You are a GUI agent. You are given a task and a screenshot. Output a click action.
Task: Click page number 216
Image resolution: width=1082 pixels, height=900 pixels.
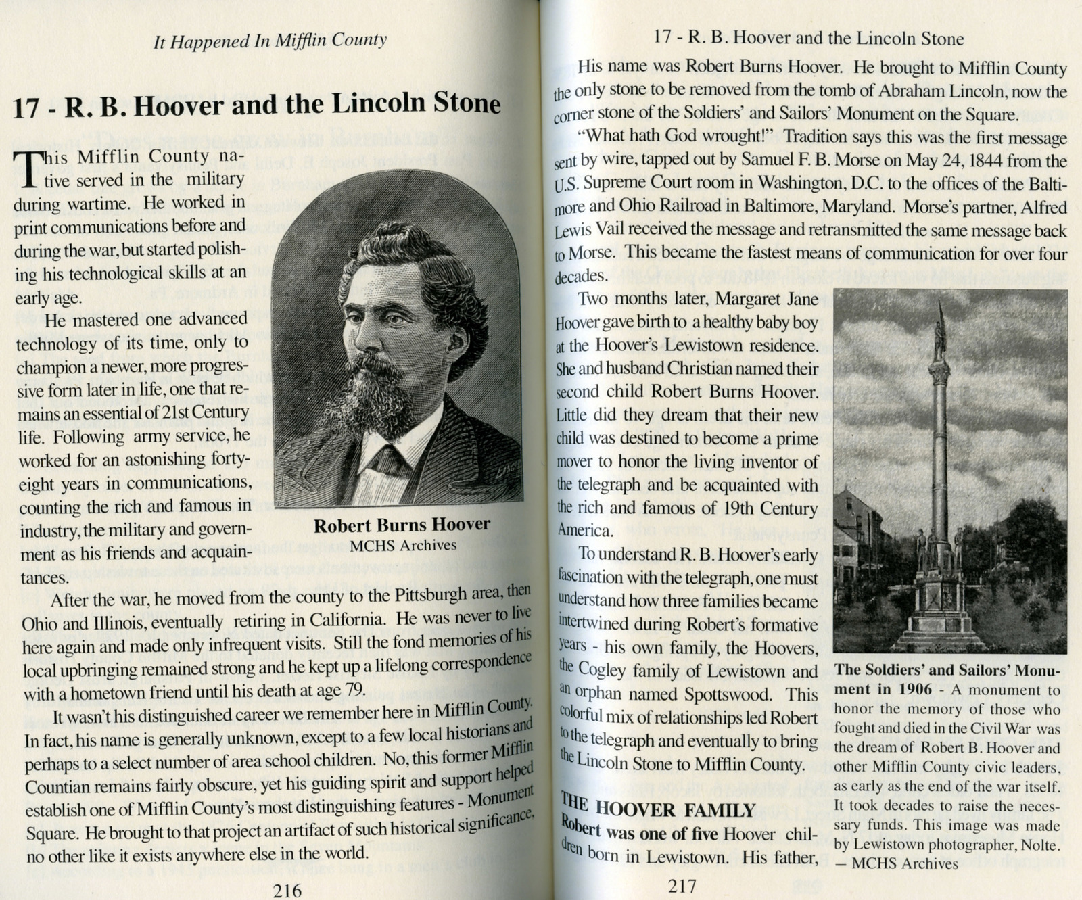pyautogui.click(x=287, y=889)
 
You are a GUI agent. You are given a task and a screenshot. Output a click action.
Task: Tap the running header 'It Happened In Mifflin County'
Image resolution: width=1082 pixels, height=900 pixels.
pyautogui.click(x=270, y=41)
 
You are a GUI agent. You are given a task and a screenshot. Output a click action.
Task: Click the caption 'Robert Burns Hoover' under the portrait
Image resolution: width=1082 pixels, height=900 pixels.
pyautogui.click(x=402, y=525)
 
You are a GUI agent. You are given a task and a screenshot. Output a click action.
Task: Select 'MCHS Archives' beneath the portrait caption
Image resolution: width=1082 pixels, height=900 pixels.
pyautogui.click(x=402, y=545)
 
